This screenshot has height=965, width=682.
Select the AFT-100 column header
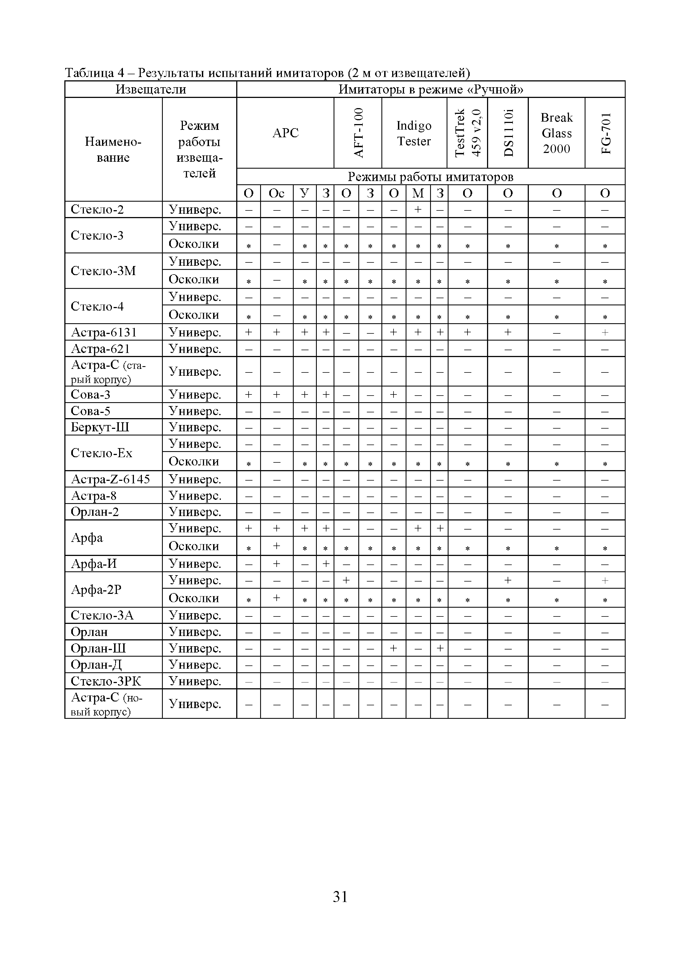(358, 133)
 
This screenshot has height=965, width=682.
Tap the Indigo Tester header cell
(414, 133)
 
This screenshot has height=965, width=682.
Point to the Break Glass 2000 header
(556, 133)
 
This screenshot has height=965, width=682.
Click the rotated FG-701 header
(605, 133)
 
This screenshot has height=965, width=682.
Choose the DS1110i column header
(508, 133)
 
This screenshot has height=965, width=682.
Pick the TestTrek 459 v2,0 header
(467, 133)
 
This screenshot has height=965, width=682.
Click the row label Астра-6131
(104, 333)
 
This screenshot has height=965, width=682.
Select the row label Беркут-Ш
(100, 427)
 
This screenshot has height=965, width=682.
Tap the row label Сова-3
(91, 394)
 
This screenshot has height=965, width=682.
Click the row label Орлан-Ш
(98, 648)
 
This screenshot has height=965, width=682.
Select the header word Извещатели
(151, 89)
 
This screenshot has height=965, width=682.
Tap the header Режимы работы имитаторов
(431, 177)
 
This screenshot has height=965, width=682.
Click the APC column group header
(285, 133)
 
